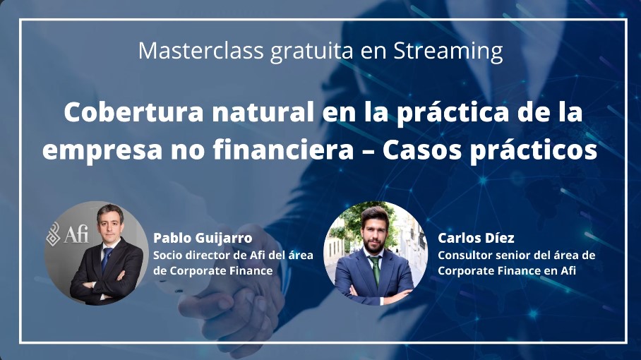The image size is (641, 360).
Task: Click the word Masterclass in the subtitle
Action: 200,50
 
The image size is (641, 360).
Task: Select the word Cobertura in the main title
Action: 133,112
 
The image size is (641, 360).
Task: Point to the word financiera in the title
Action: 283,150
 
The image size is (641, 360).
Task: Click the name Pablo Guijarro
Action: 203,238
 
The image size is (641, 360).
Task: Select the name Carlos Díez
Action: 476,238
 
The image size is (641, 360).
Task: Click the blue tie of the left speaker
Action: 107,259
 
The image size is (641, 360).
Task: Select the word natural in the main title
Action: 263,112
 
